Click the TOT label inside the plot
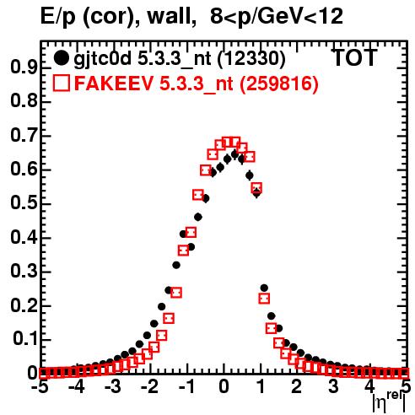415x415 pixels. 355,58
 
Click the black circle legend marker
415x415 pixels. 61,58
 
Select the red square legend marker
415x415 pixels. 61,83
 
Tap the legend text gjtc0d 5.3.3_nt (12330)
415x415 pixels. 180,59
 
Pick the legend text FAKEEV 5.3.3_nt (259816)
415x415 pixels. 197,84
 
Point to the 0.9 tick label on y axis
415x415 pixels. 24,67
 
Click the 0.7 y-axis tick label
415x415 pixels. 24,136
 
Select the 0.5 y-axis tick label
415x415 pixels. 24,203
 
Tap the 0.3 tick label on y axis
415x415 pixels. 24,272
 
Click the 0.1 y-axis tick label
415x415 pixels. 24,339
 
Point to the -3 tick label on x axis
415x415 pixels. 112,387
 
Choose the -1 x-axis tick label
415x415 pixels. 186,387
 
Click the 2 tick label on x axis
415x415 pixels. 297,387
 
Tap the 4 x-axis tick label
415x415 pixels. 369,387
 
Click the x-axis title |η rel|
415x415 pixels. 389,402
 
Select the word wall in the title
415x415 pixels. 172,16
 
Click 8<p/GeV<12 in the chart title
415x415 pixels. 277,17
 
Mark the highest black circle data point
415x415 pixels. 234,154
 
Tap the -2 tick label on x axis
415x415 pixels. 149,387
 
